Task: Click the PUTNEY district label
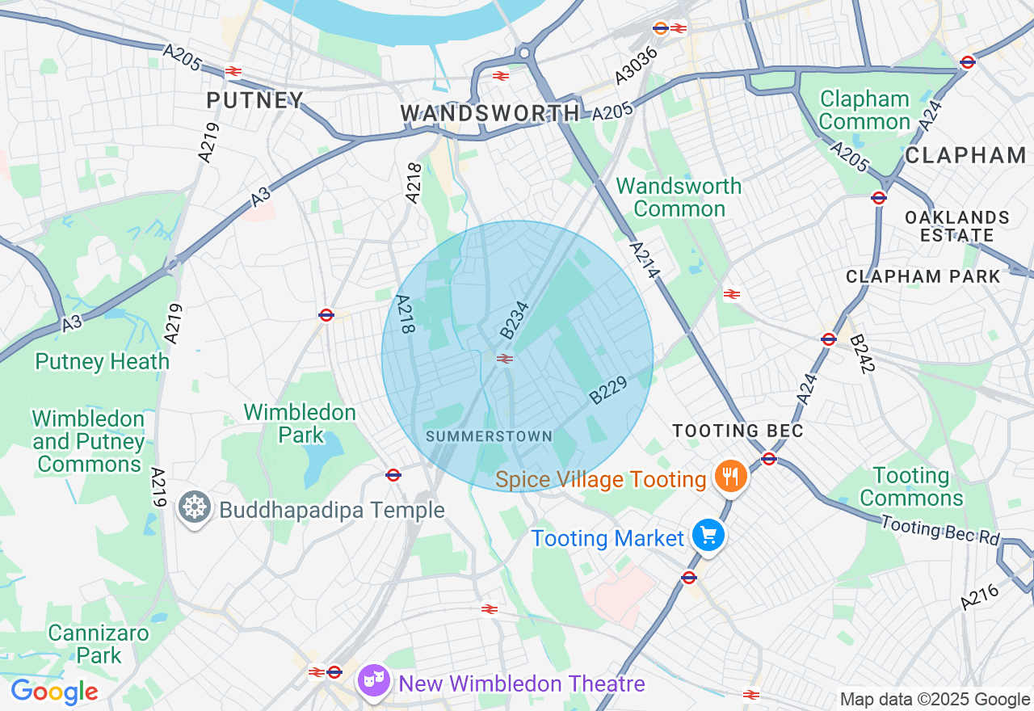point(254,100)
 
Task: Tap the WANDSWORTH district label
point(490,113)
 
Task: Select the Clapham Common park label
point(864,111)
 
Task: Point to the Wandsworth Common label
point(679,197)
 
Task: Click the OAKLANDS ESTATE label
point(956,226)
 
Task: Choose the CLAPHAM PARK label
point(923,276)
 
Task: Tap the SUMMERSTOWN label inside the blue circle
point(489,436)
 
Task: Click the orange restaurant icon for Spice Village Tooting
point(730,475)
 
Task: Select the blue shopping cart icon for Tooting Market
point(708,536)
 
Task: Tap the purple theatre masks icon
point(374,681)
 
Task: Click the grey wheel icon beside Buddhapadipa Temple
point(195,508)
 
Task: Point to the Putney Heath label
point(102,361)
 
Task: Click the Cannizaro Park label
point(99,644)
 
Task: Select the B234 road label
point(514,320)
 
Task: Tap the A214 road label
point(643,261)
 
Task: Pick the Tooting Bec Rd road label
point(940,530)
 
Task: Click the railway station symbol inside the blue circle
point(505,359)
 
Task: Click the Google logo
point(53,692)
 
